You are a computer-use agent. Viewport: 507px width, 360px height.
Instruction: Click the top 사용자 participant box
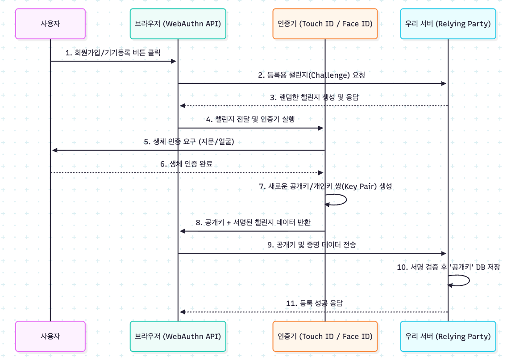[x=50, y=24]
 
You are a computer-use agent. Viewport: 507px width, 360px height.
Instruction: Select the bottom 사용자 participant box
[x=50, y=336]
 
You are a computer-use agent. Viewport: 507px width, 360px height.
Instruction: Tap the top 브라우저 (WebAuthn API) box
[x=178, y=24]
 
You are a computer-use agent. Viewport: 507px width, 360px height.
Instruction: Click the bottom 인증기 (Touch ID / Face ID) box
[x=325, y=336]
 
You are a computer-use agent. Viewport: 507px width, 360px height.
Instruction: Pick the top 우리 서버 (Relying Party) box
[x=448, y=24]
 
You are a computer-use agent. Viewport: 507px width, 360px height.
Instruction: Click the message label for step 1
[x=113, y=53]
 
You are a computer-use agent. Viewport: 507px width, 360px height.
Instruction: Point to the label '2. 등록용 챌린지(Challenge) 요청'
[x=312, y=75]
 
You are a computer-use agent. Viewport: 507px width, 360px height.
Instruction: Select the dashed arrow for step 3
[x=314, y=106]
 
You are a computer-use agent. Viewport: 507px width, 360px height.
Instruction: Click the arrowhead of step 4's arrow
[x=321, y=128]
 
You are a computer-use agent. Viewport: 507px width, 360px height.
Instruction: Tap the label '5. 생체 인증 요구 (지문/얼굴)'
[x=189, y=142]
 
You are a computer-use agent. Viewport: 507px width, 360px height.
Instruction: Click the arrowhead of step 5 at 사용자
[x=54, y=151]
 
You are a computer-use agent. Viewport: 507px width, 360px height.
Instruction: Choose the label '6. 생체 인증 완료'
[x=186, y=164]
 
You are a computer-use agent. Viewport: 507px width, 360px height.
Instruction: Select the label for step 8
[x=253, y=222]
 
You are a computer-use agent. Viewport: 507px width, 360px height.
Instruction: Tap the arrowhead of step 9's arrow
[x=444, y=254]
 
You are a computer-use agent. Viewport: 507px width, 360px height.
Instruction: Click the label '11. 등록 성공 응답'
[x=314, y=303]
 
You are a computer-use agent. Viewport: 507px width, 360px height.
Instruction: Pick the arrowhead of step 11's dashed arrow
[x=183, y=312]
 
